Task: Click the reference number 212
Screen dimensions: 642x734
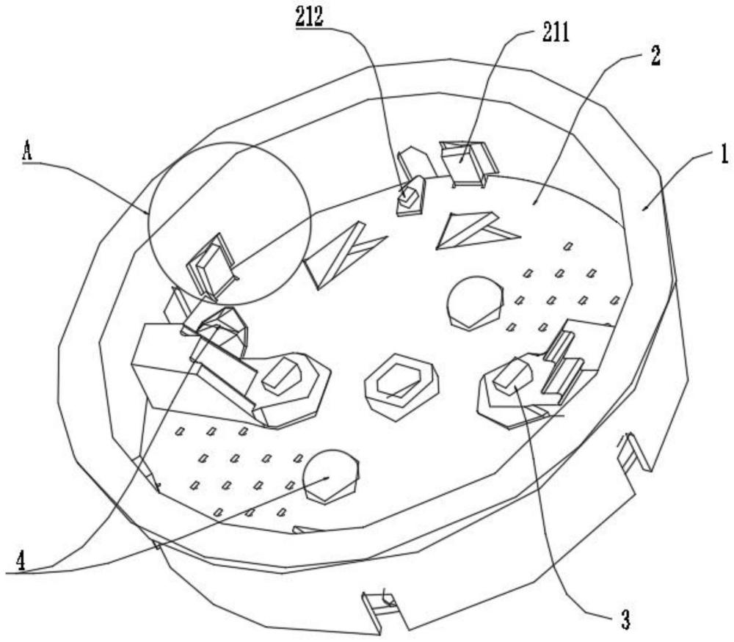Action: point(310,18)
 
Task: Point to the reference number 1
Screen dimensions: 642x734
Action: point(722,155)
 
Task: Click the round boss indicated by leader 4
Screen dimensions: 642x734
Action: point(330,476)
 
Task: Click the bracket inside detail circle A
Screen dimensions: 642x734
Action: point(212,264)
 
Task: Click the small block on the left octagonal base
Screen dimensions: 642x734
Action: point(281,375)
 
